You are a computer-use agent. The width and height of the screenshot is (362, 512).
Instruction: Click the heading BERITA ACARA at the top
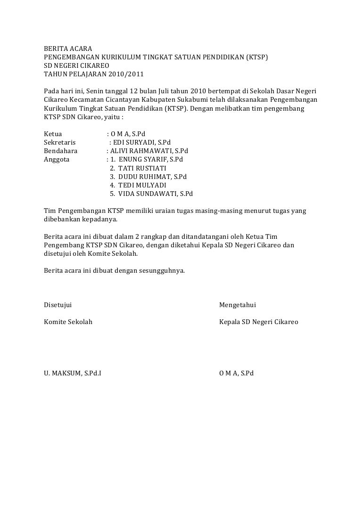click(x=65, y=49)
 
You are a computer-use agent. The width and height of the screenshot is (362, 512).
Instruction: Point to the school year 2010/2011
click(x=127, y=74)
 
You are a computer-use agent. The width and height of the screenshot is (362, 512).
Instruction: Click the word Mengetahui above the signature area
click(x=238, y=305)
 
